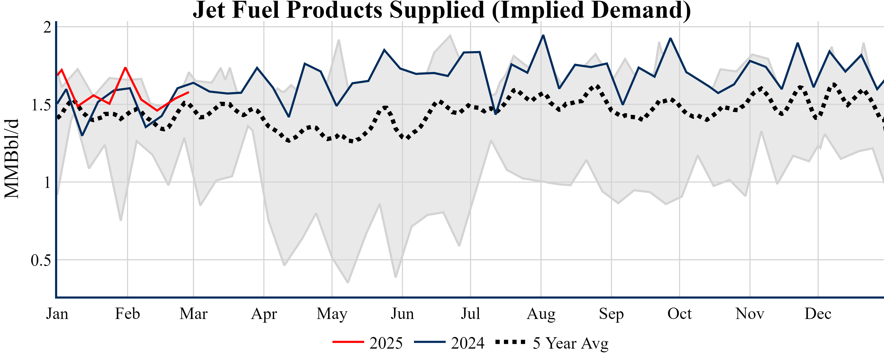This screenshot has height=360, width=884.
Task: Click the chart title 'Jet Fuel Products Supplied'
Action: click(442, 10)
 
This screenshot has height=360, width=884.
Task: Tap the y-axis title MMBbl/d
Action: click(12, 159)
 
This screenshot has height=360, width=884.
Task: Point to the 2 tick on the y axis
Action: click(47, 27)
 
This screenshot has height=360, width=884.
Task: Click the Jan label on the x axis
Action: click(57, 314)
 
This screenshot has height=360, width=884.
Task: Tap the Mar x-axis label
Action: click(193, 314)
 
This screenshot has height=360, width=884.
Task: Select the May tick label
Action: click(332, 314)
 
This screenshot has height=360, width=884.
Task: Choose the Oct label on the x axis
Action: click(679, 314)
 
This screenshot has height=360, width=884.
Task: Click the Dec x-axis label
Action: click(818, 314)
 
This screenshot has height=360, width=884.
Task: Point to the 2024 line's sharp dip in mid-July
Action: click(495, 114)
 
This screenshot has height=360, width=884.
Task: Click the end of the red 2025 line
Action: click(188, 92)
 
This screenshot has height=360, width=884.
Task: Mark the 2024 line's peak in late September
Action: click(671, 38)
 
